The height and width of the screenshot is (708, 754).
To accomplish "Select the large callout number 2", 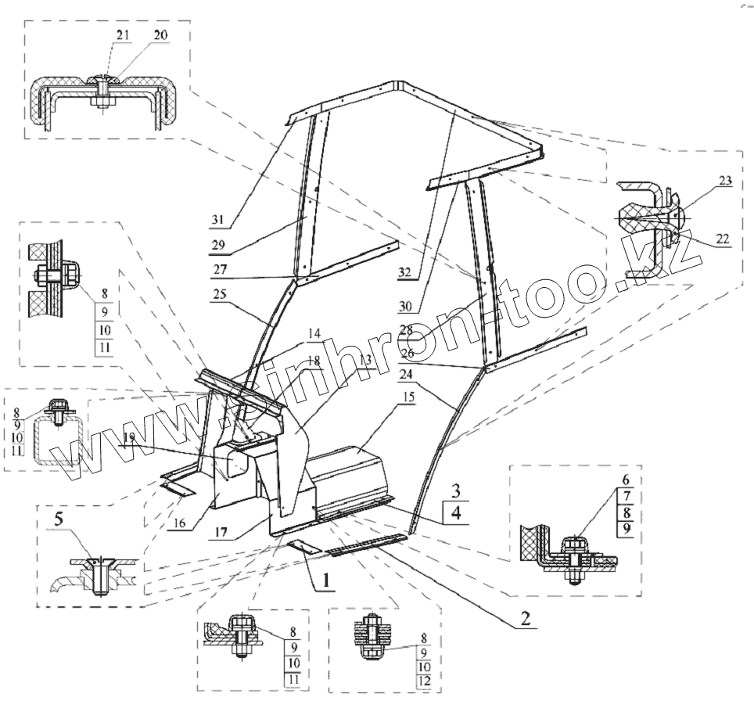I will (x=526, y=618).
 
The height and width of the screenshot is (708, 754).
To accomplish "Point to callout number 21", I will (x=121, y=35).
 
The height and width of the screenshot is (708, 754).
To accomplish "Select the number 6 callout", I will (x=627, y=478).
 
